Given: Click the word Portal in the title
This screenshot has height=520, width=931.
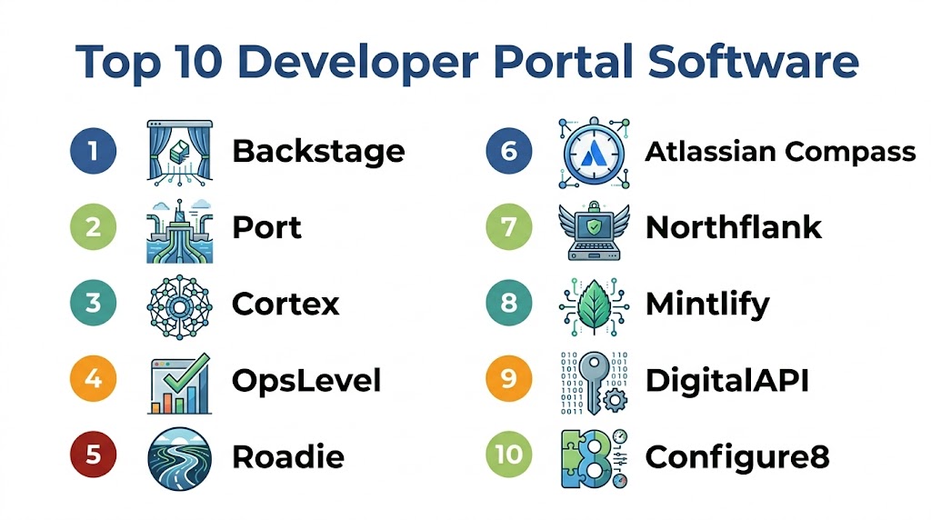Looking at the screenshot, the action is click(564, 61).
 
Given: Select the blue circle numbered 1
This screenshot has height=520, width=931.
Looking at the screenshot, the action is click(94, 151).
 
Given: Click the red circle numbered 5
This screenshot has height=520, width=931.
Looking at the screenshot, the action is click(94, 455).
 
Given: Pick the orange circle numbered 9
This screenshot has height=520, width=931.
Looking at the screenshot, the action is click(509, 379).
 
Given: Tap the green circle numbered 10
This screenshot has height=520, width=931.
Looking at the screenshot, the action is click(509, 455).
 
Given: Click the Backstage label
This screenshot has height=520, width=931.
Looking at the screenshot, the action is click(318, 152).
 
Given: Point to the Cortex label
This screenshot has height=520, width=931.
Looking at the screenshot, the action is click(285, 304).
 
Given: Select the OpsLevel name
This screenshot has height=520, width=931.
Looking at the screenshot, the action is click(306, 381).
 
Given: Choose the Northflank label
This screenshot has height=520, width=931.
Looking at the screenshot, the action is click(734, 227).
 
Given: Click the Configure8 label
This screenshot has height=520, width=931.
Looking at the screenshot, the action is click(737, 457).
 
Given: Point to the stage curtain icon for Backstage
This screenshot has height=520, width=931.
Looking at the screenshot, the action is click(179, 153).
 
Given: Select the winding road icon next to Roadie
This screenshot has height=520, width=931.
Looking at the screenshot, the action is click(179, 458).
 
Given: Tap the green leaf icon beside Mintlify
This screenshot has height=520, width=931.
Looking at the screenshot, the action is click(594, 307).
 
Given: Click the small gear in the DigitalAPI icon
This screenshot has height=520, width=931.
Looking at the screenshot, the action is click(615, 401).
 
